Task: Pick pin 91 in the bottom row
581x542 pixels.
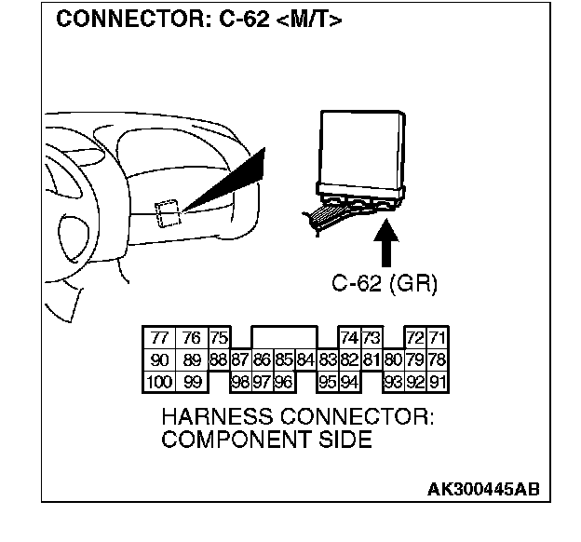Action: pyautogui.click(x=438, y=380)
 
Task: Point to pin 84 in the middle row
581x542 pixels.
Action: pyautogui.click(x=305, y=359)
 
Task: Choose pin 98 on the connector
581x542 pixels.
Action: pyautogui.click(x=240, y=380)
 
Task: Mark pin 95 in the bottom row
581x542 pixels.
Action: pyautogui.click(x=327, y=380)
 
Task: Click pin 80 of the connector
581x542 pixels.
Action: pyautogui.click(x=393, y=359)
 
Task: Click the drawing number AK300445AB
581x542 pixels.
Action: pyautogui.click(x=482, y=489)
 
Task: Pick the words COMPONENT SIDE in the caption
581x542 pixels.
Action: pyautogui.click(x=266, y=440)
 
